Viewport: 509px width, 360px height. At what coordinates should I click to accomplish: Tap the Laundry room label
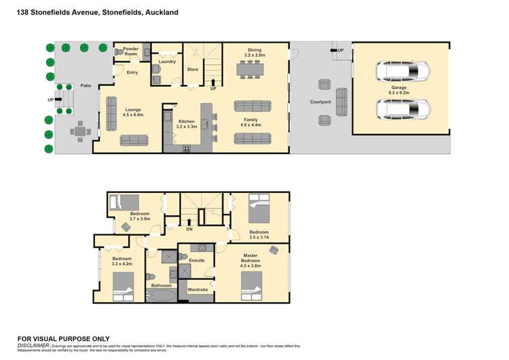167,62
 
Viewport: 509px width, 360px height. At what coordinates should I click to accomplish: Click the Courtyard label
319,103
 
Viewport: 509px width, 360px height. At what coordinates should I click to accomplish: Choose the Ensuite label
197,260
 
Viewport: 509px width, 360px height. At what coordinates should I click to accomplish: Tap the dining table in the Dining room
254,69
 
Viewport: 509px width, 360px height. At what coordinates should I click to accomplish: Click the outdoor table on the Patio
81,130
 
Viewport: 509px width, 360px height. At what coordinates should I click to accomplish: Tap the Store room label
192,69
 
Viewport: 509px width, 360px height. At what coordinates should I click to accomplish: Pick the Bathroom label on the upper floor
162,285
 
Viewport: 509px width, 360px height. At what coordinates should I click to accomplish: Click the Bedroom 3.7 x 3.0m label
140,217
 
